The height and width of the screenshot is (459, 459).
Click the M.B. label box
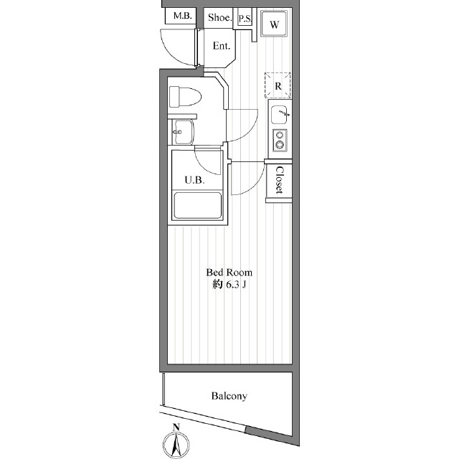pos(183,16)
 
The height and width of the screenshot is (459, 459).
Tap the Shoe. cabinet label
pos(220,17)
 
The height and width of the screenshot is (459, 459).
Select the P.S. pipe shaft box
pos(245,19)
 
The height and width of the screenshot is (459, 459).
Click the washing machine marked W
pos(274,24)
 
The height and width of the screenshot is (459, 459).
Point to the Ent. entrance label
pos(222,46)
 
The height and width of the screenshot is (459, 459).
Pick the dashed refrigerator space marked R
pos(278,85)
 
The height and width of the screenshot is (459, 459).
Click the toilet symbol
pos(185,97)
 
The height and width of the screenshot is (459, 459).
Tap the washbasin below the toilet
pos(183,132)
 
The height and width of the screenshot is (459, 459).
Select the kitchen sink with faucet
pos(280,115)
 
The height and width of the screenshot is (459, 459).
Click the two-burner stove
pos(280,140)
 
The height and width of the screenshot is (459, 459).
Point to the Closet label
pos(280,180)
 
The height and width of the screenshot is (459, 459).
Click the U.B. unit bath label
pos(194,180)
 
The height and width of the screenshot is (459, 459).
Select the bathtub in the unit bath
pos(198,205)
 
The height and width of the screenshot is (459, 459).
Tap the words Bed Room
pos(229,273)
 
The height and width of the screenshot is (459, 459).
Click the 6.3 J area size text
pos(236,285)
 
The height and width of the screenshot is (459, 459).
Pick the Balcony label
pos(229,396)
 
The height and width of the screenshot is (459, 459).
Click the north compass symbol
pos(176,445)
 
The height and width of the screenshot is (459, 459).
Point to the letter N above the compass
pos(176,427)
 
